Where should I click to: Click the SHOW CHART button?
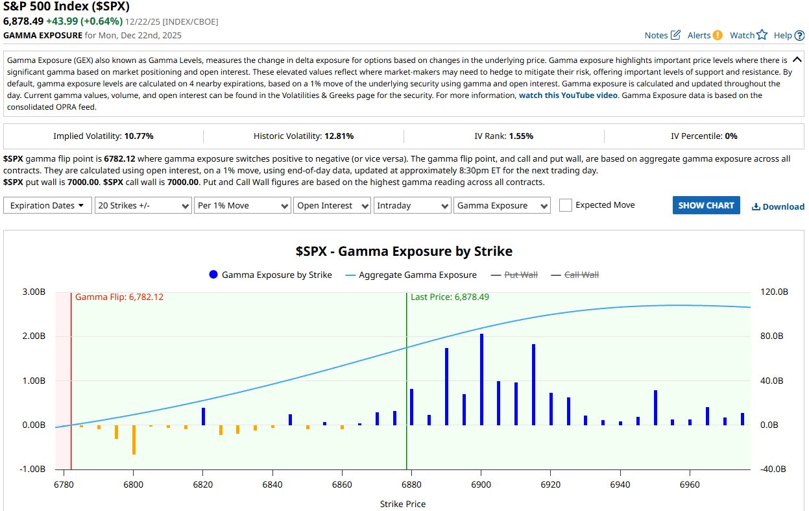click(x=706, y=205)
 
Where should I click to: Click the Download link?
click(x=778, y=206)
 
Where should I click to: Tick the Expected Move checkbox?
click(x=566, y=205)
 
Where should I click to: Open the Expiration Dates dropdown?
click(x=47, y=205)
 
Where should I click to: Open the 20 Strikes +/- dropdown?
click(x=143, y=205)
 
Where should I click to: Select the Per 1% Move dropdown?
click(x=242, y=205)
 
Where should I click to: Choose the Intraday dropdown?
click(x=413, y=205)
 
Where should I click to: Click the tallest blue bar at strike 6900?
click(x=481, y=380)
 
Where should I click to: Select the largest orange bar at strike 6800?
click(x=134, y=440)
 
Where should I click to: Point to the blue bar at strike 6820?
click(x=203, y=416)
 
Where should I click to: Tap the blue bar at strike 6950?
click(x=655, y=408)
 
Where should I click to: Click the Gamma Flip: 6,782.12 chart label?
click(x=119, y=297)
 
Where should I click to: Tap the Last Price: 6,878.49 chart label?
click(x=450, y=297)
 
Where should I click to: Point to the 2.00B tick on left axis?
click(x=34, y=336)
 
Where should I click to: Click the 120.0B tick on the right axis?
click(x=774, y=292)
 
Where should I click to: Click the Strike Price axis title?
click(x=402, y=504)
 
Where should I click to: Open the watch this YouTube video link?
click(x=568, y=95)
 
